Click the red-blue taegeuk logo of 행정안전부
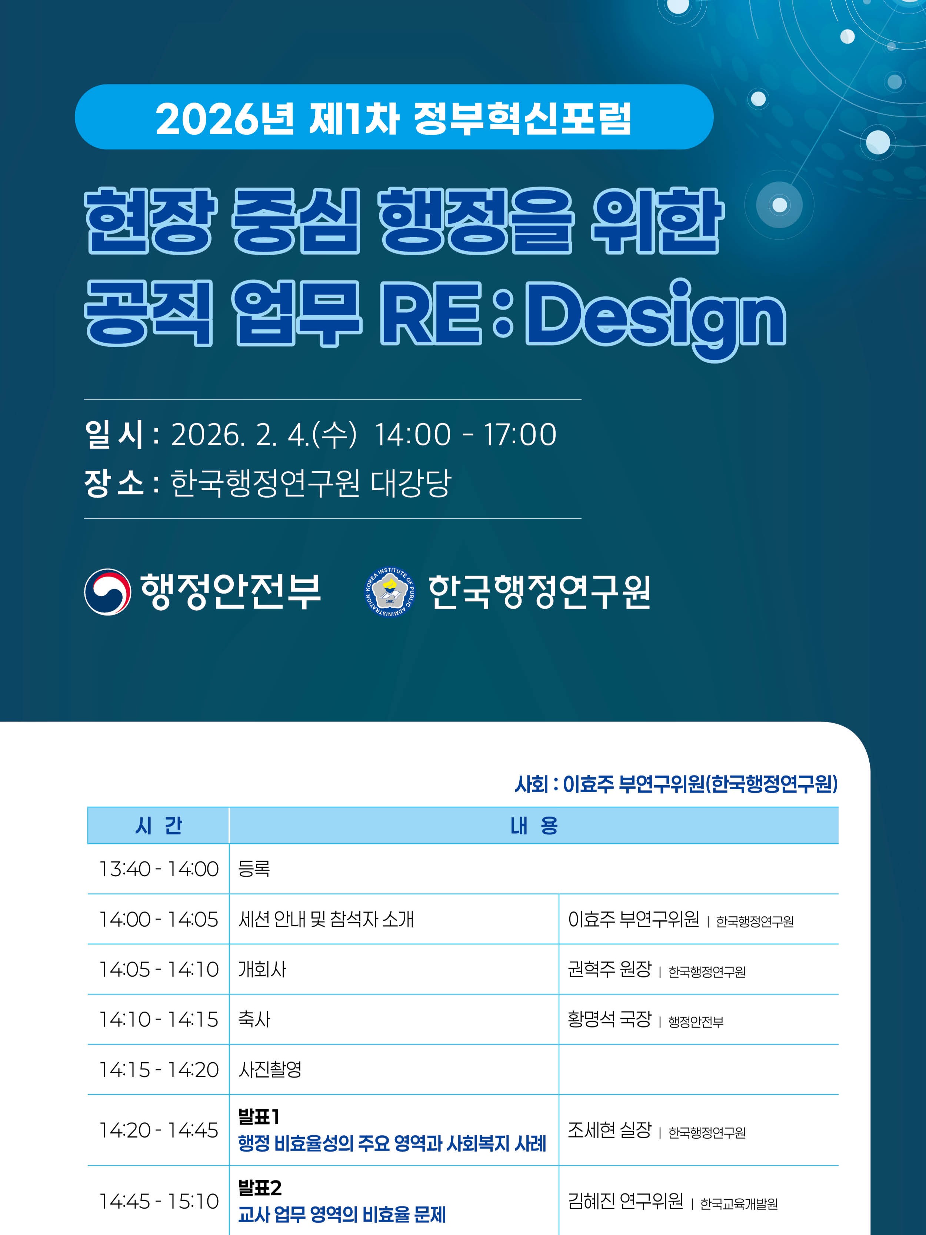pyautogui.click(x=108, y=592)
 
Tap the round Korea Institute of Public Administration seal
pyautogui.click(x=390, y=592)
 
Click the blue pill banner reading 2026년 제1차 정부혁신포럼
pyautogui.click(x=394, y=117)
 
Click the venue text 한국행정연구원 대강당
pyautogui.click(x=310, y=483)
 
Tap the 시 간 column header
pyautogui.click(x=159, y=825)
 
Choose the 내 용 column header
pyautogui.click(x=534, y=825)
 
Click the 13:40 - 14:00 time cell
pyautogui.click(x=159, y=869)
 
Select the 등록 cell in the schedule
pyautogui.click(x=254, y=869)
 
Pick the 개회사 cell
pyautogui.click(x=262, y=969)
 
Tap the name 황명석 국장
pyautogui.click(x=610, y=1019)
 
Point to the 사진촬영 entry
pyautogui.click(x=270, y=1069)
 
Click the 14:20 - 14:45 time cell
pyautogui.click(x=159, y=1130)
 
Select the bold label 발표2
pyautogui.click(x=260, y=1188)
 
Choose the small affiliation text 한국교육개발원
pyautogui.click(x=739, y=1204)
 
